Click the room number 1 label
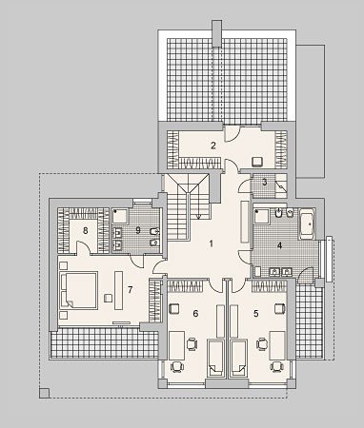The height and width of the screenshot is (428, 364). (211, 243)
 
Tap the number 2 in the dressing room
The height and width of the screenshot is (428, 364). (213, 146)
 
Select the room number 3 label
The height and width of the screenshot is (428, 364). (265, 183)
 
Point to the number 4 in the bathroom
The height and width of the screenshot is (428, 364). (279, 245)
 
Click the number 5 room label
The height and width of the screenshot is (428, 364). (256, 314)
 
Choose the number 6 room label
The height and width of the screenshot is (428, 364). (195, 314)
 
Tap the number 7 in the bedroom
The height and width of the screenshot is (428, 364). (130, 289)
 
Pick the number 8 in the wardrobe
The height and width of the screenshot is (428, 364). (85, 230)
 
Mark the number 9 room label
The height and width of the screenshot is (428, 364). (138, 230)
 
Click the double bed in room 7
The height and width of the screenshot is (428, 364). (79, 290)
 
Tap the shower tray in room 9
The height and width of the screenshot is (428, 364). (120, 216)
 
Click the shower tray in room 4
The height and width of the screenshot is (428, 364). (261, 216)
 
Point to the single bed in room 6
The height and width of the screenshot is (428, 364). (216, 358)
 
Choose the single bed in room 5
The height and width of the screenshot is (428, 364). (238, 358)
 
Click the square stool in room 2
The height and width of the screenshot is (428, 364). (257, 162)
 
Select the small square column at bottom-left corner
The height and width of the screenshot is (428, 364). (45, 393)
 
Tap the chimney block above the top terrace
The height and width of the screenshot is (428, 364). (217, 33)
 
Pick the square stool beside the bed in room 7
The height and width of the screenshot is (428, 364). (109, 298)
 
